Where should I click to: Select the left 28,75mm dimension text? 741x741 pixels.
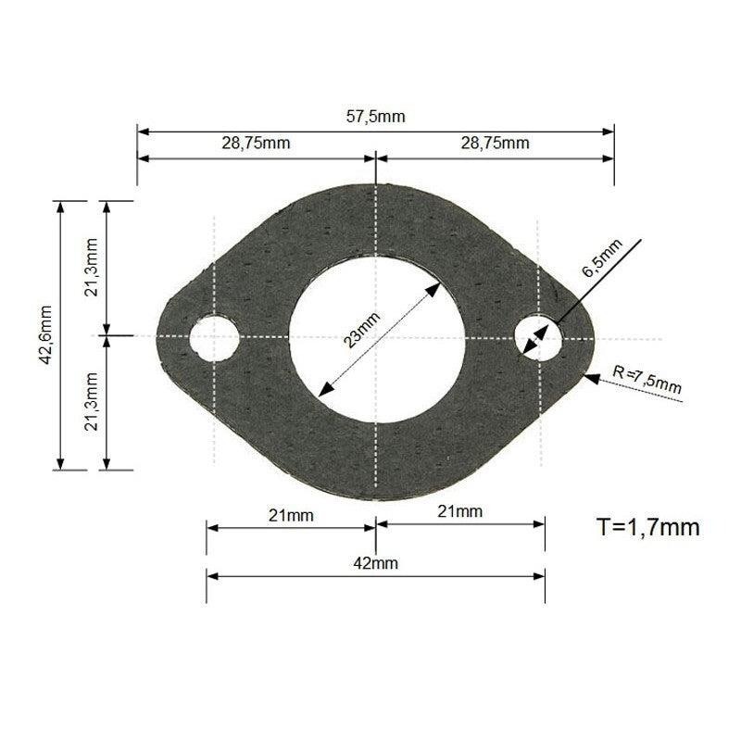pos(256,143)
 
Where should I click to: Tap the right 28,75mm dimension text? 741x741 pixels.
pos(495,143)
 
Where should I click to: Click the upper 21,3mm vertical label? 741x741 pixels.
pos(92,268)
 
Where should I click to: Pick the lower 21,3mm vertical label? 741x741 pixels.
pos(92,402)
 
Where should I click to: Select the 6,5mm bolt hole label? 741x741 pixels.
pos(602,259)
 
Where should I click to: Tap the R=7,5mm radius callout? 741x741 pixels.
pos(647,380)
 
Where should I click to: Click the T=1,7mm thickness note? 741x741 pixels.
pos(647,528)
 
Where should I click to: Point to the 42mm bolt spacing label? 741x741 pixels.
pos(375,562)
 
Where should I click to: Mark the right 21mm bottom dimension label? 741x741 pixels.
pos(460,511)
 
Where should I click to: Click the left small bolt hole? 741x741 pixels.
pos(214,335)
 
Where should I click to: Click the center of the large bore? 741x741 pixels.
pos(376,337)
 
